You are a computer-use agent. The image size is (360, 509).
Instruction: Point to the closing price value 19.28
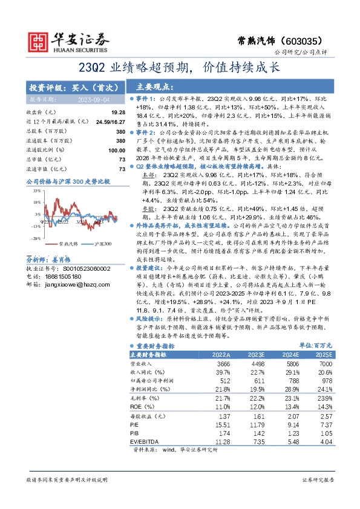coord(118,112)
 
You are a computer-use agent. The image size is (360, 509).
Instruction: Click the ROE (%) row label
coord(141,409)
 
